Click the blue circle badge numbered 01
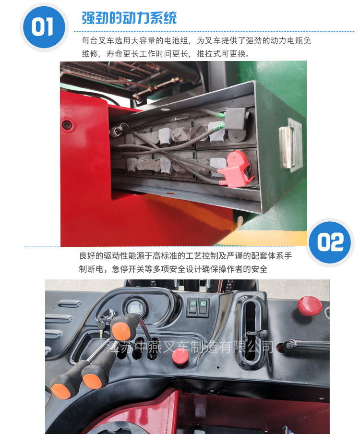(44, 27)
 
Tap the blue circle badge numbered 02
(330, 242)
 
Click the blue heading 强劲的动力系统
(129, 18)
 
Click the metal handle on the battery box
(287, 147)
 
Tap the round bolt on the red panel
(67, 125)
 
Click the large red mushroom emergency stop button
(310, 305)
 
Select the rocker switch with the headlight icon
(204, 306)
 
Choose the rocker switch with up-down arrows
(193, 306)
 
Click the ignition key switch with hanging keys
(106, 318)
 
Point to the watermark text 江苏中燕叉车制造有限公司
(191, 347)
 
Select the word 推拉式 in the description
(209, 54)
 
